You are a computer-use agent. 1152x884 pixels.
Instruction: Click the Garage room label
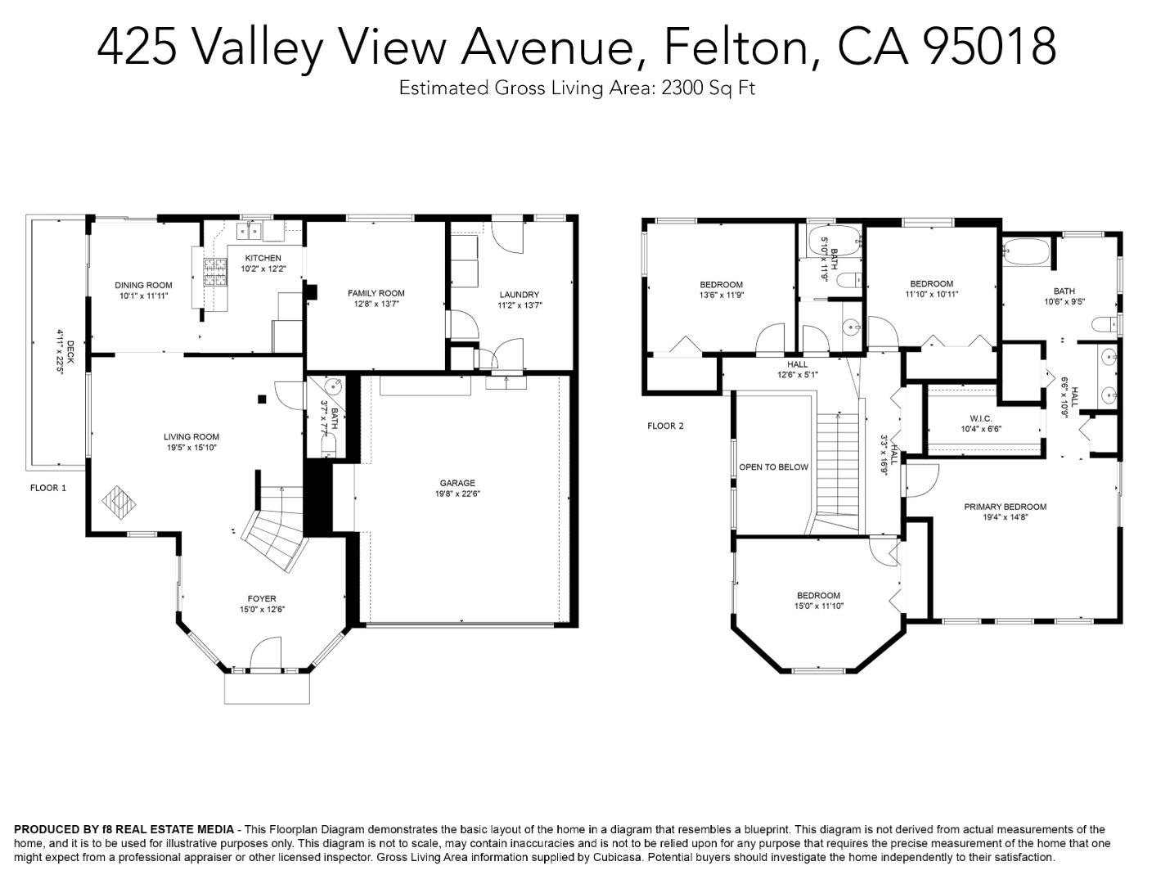pyautogui.click(x=457, y=483)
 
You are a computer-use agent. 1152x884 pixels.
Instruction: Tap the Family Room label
pyautogui.click(x=376, y=293)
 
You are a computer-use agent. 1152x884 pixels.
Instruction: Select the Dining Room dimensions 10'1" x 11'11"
pyautogui.click(x=143, y=296)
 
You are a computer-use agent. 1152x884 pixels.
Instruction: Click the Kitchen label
pyautogui.click(x=263, y=259)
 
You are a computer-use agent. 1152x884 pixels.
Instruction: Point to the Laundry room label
pyautogui.click(x=519, y=295)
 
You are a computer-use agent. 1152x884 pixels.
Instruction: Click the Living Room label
pyautogui.click(x=191, y=437)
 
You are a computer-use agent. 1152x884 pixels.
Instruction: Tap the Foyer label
pyautogui.click(x=262, y=598)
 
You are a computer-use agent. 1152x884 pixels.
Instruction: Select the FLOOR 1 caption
pyautogui.click(x=48, y=488)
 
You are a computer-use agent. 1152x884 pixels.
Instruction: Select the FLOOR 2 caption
pyautogui.click(x=665, y=426)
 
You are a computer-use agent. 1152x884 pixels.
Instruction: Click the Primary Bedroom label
pyautogui.click(x=1005, y=507)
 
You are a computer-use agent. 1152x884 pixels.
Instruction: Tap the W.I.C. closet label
pyautogui.click(x=980, y=418)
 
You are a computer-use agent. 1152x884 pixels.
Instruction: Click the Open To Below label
pyautogui.click(x=773, y=467)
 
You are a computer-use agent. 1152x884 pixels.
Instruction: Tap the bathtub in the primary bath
pyautogui.click(x=1026, y=252)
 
